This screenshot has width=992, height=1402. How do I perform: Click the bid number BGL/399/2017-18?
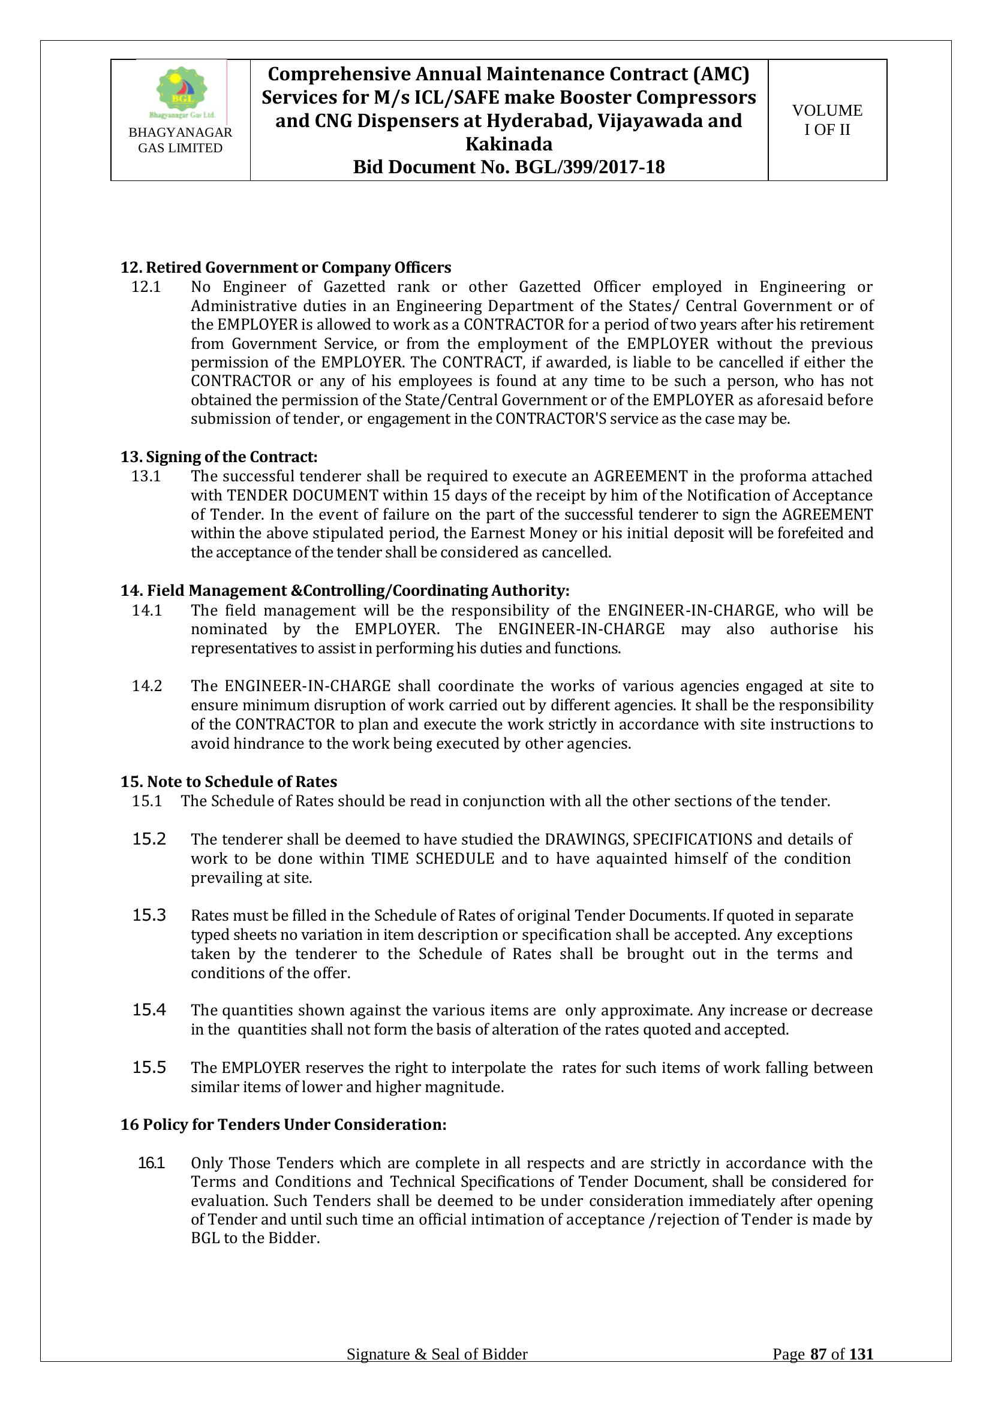(x=590, y=167)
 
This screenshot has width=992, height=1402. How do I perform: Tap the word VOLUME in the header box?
(x=827, y=110)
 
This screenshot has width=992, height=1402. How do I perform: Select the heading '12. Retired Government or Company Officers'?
(x=286, y=267)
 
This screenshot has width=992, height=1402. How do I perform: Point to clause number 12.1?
(x=146, y=287)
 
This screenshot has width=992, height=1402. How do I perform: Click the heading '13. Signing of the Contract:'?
(x=220, y=457)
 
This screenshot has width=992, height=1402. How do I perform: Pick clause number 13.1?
(x=146, y=476)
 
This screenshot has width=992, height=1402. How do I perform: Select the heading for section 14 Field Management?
(x=345, y=590)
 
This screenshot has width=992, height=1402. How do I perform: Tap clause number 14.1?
(x=146, y=610)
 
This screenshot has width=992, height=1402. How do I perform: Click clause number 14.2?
(x=146, y=686)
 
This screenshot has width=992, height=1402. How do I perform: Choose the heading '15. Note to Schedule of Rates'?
(x=229, y=782)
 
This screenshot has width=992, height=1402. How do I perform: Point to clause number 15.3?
(x=149, y=915)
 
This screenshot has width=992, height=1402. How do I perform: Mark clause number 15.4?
(x=149, y=1010)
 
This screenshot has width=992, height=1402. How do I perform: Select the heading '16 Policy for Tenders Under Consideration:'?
(x=284, y=1124)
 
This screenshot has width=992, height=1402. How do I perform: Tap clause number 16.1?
(x=152, y=1163)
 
